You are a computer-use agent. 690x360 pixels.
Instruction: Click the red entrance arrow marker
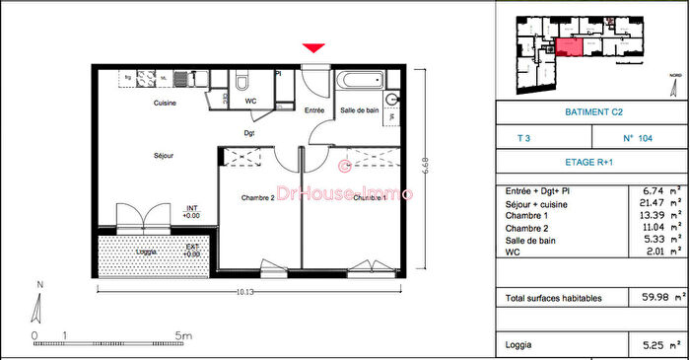[x=313, y=48]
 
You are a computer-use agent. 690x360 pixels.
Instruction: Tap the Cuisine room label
[x=165, y=104]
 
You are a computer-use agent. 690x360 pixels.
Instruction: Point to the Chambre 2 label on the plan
[x=256, y=197]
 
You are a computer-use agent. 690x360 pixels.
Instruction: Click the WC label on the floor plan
[x=250, y=101]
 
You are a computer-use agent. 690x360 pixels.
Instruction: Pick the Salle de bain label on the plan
[x=360, y=110]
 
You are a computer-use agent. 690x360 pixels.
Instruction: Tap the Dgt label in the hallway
[x=250, y=132]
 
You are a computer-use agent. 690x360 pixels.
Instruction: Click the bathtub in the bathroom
[x=356, y=82]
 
